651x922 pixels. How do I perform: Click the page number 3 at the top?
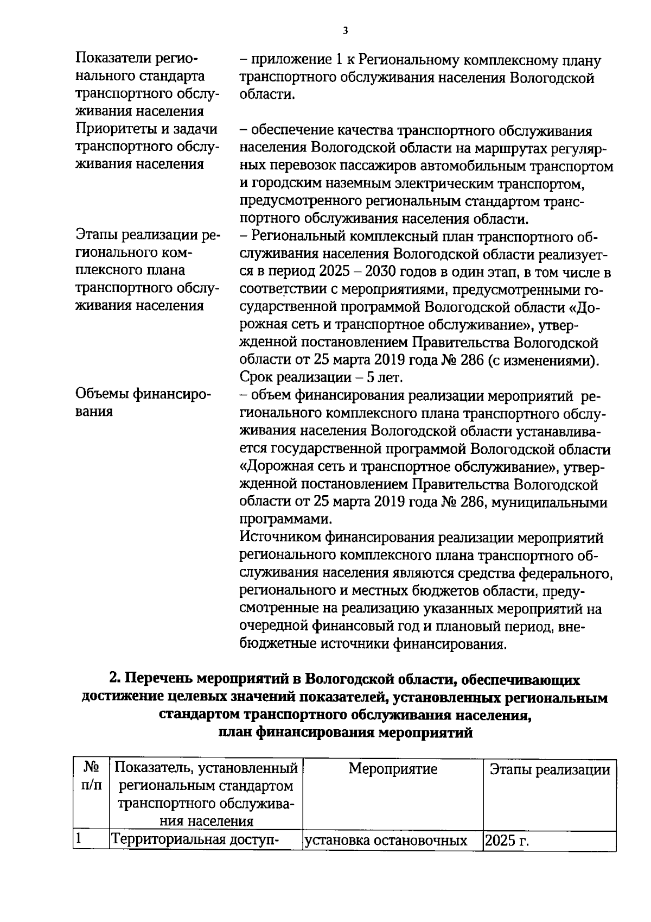pos(345,31)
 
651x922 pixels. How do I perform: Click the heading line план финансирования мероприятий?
pos(345,733)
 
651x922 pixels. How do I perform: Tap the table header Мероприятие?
pos(392,769)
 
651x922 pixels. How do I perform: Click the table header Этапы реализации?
pos(550,769)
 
